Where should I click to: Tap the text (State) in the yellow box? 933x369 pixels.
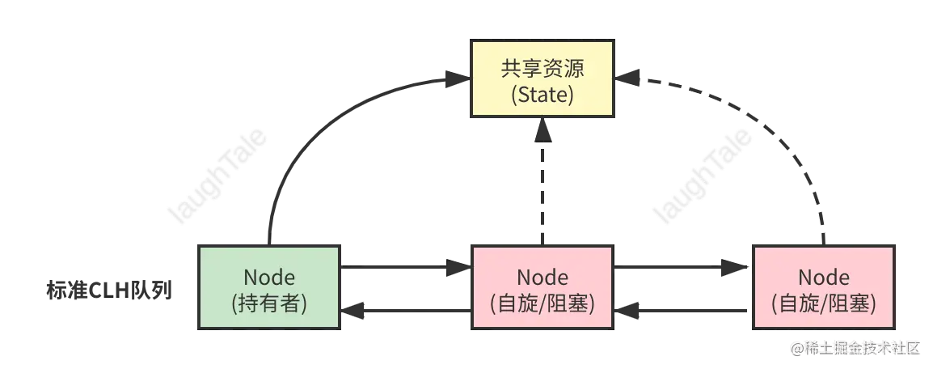tap(542, 95)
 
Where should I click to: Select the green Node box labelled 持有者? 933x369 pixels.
tap(269, 286)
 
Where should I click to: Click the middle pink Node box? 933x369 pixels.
tap(542, 286)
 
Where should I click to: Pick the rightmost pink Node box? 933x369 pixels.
tap(823, 287)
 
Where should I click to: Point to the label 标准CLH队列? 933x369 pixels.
tap(109, 290)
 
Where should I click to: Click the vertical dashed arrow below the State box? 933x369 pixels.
tap(542, 186)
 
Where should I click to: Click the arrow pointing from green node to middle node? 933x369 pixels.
tap(404, 266)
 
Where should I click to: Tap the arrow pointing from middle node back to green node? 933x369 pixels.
tap(404, 309)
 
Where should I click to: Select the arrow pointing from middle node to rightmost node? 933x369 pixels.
tap(682, 266)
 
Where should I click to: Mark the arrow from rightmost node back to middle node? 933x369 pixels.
tap(682, 309)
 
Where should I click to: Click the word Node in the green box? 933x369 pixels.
tap(269, 277)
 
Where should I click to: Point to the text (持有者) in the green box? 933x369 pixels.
tap(269, 302)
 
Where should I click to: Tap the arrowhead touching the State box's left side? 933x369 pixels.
tap(460, 79)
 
